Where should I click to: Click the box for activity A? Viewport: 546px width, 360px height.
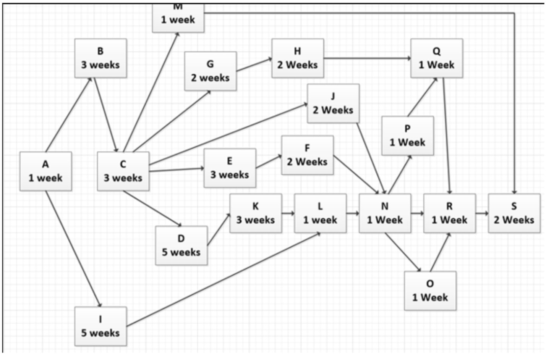pyautogui.click(x=45, y=171)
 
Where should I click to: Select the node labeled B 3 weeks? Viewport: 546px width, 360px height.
pyautogui.click(x=100, y=58)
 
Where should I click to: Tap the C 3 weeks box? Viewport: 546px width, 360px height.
pyautogui.click(x=123, y=171)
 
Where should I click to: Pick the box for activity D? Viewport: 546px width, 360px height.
pyautogui.click(x=181, y=245)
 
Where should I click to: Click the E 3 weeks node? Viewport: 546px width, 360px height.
pyautogui.click(x=230, y=168)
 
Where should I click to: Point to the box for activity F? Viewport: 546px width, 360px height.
pyautogui.click(x=307, y=155)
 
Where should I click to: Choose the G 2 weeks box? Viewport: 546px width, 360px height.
pyautogui.click(x=210, y=71)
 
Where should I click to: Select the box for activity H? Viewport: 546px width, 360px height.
pyautogui.click(x=298, y=58)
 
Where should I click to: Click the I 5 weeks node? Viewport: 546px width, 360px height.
pyautogui.click(x=100, y=326)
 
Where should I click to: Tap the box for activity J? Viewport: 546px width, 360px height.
pyautogui.click(x=333, y=103)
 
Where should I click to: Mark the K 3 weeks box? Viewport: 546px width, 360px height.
pyautogui.click(x=256, y=213)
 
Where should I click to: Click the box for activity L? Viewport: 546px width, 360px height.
pyautogui.click(x=320, y=213)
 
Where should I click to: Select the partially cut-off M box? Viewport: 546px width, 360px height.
pyautogui.click(x=178, y=17)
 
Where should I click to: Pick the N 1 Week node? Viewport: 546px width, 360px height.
pyautogui.click(x=385, y=213)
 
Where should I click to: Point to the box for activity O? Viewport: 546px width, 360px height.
pyautogui.click(x=430, y=291)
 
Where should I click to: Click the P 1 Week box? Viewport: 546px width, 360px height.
pyautogui.click(x=407, y=136)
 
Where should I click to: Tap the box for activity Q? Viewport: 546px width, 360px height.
pyautogui.click(x=437, y=58)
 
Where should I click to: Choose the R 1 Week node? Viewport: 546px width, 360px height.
pyautogui.click(x=449, y=213)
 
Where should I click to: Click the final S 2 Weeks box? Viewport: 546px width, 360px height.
pyautogui.click(x=514, y=213)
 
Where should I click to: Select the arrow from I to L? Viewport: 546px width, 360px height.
pyautogui.click(x=224, y=279)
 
